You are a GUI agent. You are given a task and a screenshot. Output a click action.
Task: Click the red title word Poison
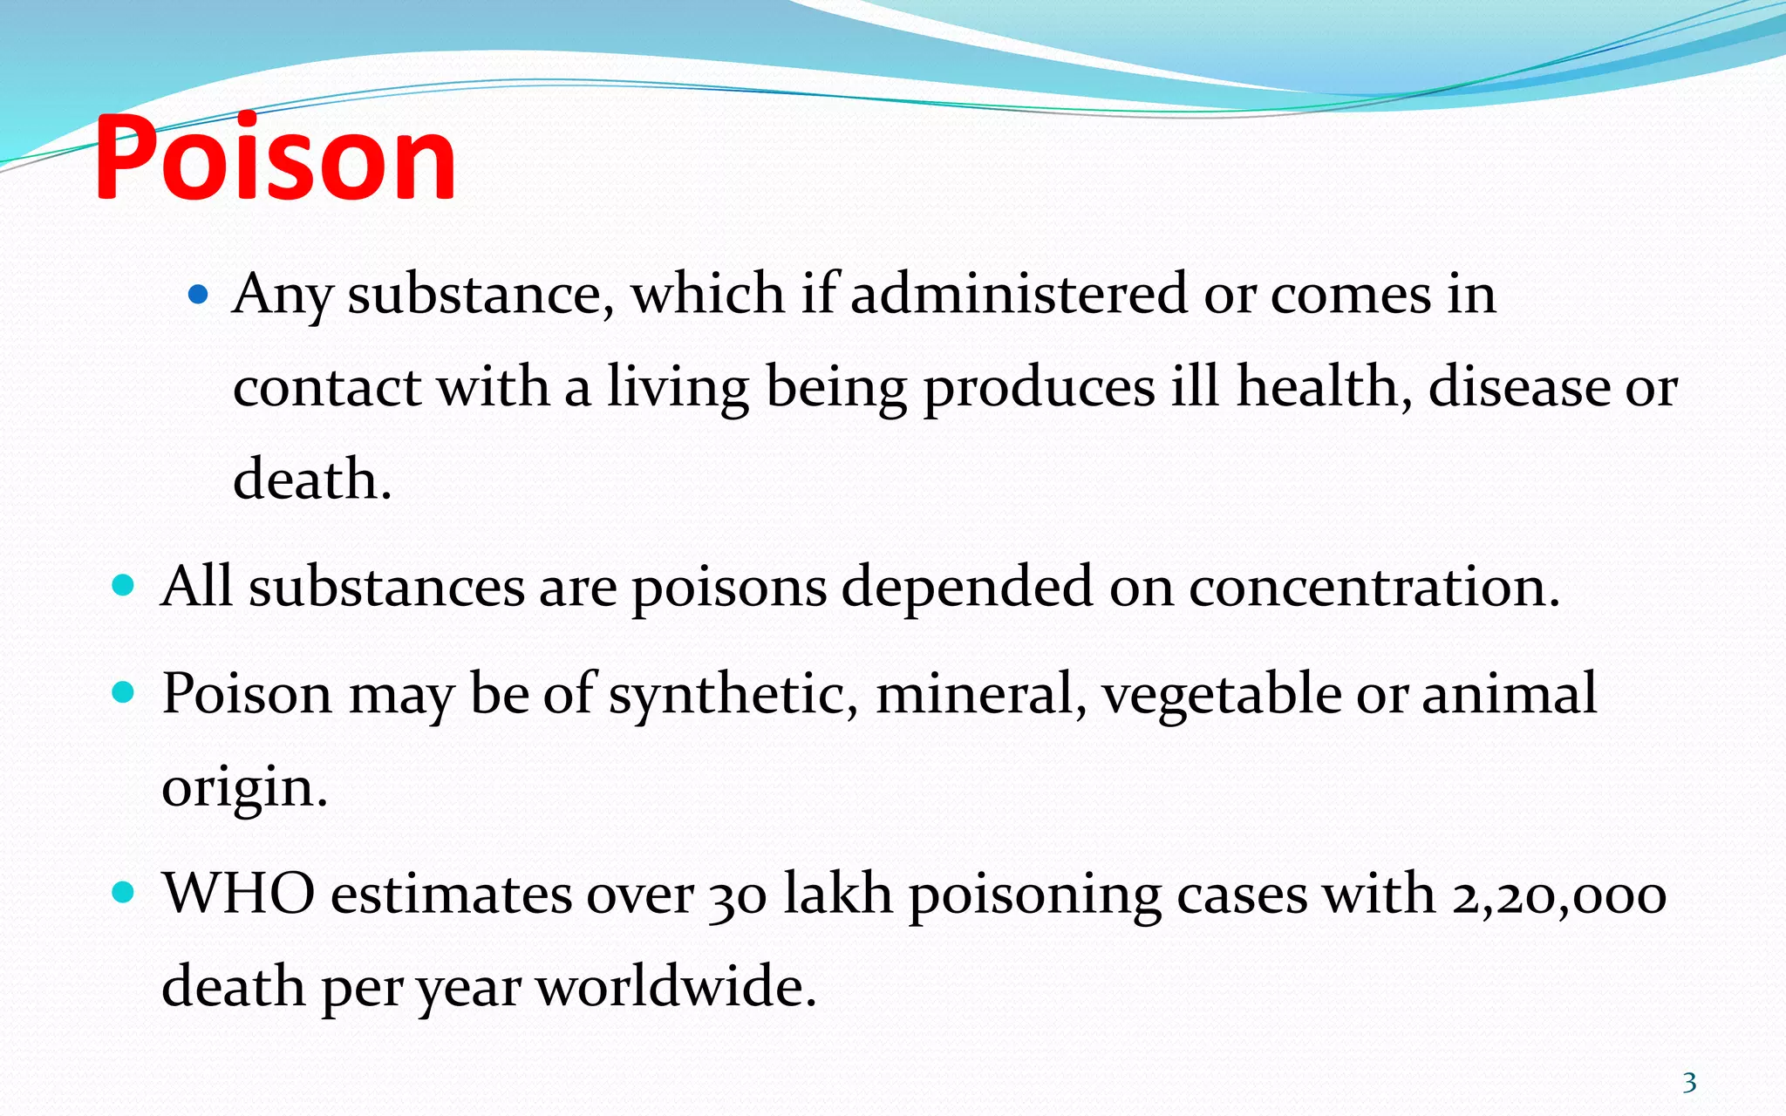tap(275, 159)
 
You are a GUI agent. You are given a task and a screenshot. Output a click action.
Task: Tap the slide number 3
tap(1689, 1083)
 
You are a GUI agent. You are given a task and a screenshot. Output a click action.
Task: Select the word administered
tap(1019, 294)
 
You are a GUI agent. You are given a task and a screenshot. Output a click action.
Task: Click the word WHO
tap(238, 895)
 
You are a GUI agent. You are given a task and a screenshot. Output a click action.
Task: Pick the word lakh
tap(837, 895)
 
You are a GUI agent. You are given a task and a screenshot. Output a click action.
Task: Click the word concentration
tap(1374, 586)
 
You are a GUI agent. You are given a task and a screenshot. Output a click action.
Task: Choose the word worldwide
tap(676, 987)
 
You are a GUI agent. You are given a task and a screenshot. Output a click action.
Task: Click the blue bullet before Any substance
tap(199, 295)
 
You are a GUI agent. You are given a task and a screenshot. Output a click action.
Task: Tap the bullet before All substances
tap(124, 585)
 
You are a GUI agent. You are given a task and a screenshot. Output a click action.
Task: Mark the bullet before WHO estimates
tap(124, 893)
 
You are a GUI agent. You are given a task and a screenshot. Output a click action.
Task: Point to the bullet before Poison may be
tap(124, 693)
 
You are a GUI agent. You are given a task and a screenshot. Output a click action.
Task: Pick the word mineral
tap(981, 694)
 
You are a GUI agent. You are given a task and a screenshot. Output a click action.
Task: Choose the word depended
tap(966, 586)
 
